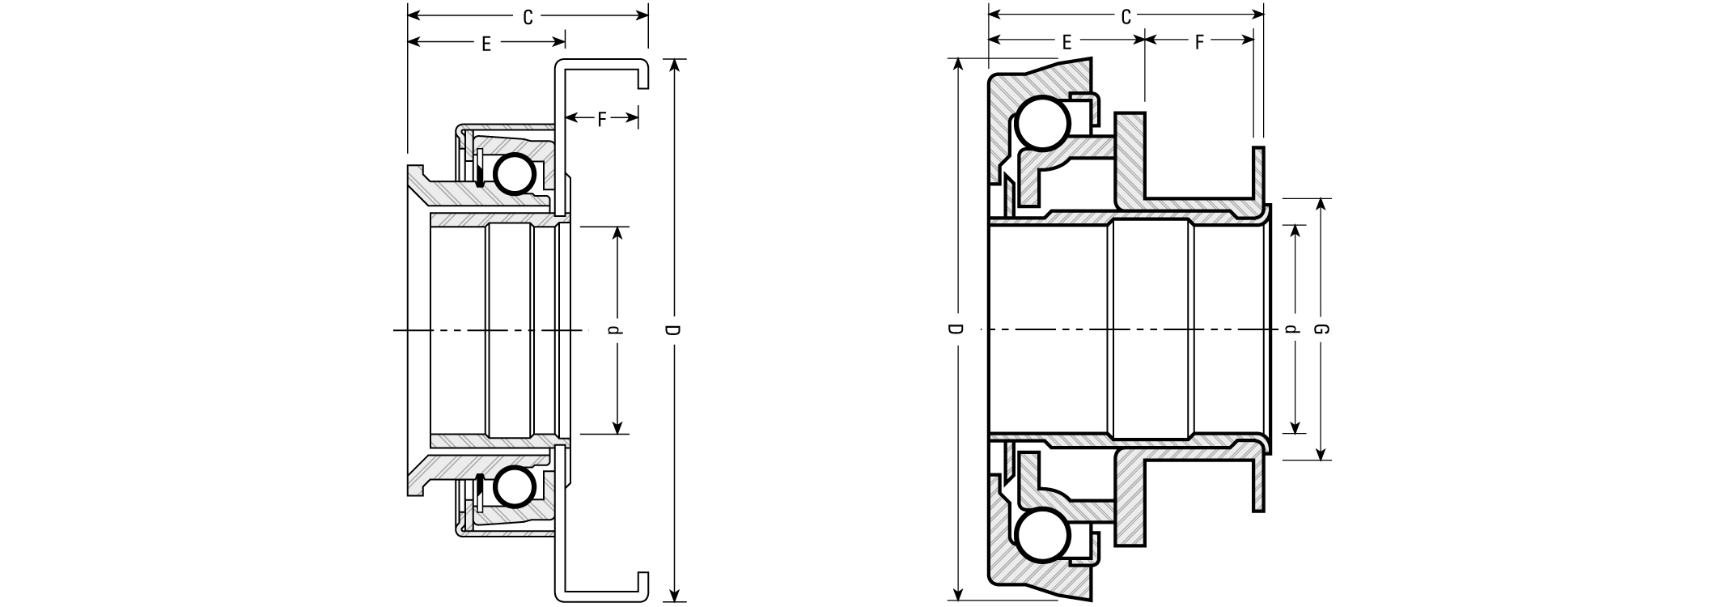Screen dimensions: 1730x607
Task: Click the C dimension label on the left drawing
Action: click(x=528, y=17)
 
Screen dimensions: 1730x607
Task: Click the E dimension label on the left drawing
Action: click(x=486, y=44)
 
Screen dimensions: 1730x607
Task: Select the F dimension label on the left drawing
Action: click(x=601, y=120)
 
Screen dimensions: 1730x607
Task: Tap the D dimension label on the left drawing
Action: click(x=673, y=331)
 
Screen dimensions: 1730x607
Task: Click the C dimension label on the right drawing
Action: click(x=1125, y=17)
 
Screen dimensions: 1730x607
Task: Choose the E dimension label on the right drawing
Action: click(x=1066, y=43)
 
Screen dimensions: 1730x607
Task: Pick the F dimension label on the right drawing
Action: click(x=1199, y=43)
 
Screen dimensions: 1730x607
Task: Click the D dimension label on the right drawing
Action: click(x=956, y=329)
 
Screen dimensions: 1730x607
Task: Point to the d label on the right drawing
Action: click(x=1292, y=329)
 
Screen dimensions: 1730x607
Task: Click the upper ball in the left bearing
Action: click(x=515, y=173)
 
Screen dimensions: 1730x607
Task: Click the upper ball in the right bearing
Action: click(x=1043, y=124)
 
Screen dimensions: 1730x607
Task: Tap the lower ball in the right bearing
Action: click(x=1043, y=535)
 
